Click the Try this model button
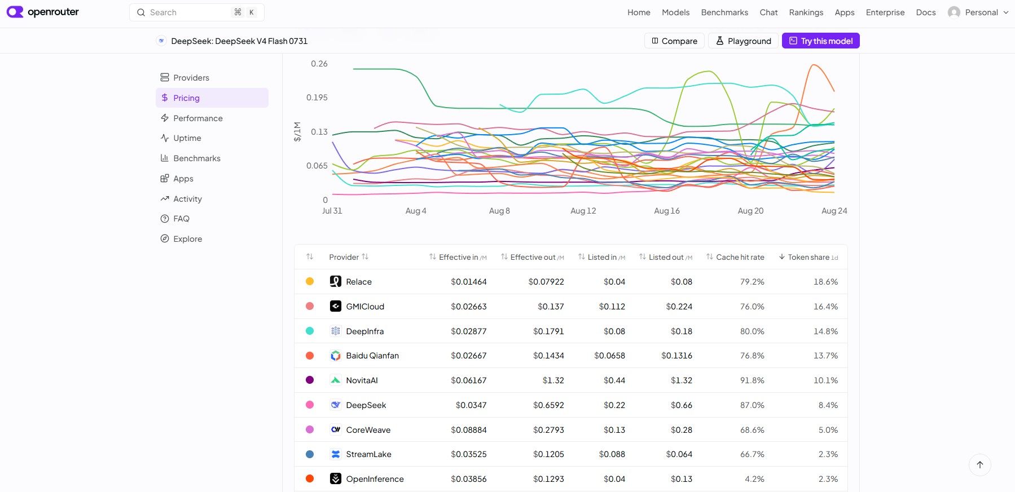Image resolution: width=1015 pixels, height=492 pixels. tap(820, 41)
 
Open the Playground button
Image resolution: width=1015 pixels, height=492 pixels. tap(743, 41)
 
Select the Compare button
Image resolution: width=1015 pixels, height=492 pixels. tap(674, 41)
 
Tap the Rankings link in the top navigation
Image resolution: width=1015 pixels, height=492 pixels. tap(806, 12)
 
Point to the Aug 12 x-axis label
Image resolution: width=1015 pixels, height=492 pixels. tap(583, 211)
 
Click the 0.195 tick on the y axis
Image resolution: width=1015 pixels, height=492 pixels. tap(317, 97)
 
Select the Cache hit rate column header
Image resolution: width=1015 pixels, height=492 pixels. tap(740, 257)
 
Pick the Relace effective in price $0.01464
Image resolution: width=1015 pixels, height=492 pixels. tap(468, 282)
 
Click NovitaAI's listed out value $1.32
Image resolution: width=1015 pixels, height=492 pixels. tap(681, 380)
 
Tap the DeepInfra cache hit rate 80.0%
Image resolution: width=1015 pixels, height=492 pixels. tap(752, 331)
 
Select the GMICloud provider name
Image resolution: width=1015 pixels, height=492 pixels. tap(365, 307)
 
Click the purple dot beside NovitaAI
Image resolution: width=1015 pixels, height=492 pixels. tap(310, 380)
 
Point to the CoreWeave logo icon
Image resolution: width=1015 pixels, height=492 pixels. tap(336, 429)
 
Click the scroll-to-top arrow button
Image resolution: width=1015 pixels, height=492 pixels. tap(980, 465)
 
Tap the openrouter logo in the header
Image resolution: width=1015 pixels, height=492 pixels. tap(43, 12)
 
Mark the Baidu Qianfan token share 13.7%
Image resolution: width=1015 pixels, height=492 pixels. tap(825, 356)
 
